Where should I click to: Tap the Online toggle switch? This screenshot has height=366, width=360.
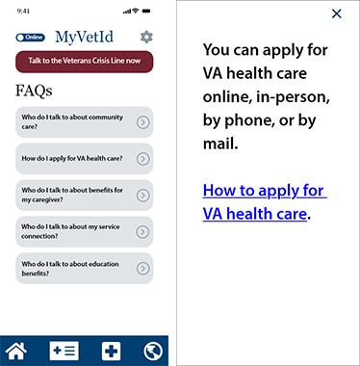[x=31, y=39]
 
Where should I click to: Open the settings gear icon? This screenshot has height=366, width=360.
[x=146, y=38]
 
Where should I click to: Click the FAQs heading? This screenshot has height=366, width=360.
[x=35, y=91]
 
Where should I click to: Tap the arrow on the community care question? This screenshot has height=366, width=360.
[x=142, y=121]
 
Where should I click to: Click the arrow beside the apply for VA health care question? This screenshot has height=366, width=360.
[x=142, y=157]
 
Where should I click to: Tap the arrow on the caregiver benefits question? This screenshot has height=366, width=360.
[x=142, y=195]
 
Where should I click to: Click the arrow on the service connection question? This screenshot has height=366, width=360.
[x=142, y=231]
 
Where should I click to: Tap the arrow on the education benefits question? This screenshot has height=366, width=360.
[x=142, y=268]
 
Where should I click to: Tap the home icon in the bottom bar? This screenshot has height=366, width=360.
[x=16, y=351]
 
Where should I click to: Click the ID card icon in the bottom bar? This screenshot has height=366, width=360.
[x=64, y=351]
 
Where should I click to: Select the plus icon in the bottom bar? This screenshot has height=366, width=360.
[x=112, y=351]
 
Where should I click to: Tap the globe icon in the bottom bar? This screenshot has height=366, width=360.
[x=154, y=351]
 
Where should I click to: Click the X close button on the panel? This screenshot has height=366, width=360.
[x=336, y=13]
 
